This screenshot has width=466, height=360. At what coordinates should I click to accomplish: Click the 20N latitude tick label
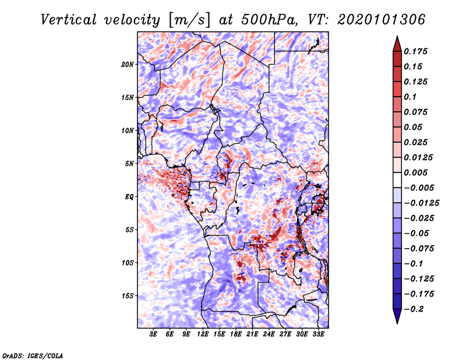pos(128,64)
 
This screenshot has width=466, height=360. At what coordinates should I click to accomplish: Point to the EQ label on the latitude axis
pos(129,197)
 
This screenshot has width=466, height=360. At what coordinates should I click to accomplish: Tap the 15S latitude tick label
pos(128,296)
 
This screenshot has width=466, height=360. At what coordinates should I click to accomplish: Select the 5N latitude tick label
pos(129,164)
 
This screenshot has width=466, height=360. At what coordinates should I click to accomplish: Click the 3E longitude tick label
pos(154,334)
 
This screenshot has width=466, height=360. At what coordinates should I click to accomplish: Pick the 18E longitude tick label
pos(236,334)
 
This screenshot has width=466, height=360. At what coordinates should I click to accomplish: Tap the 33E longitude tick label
pos(318,334)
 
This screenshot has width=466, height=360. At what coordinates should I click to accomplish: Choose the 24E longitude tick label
pos(269,334)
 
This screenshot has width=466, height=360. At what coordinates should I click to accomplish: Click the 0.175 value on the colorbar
pos(416,51)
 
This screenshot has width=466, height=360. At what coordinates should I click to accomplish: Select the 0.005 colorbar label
pos(416,172)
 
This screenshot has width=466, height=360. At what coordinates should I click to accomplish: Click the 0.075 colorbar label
pos(416,112)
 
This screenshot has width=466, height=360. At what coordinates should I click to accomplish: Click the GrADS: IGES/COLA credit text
pos(33,355)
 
